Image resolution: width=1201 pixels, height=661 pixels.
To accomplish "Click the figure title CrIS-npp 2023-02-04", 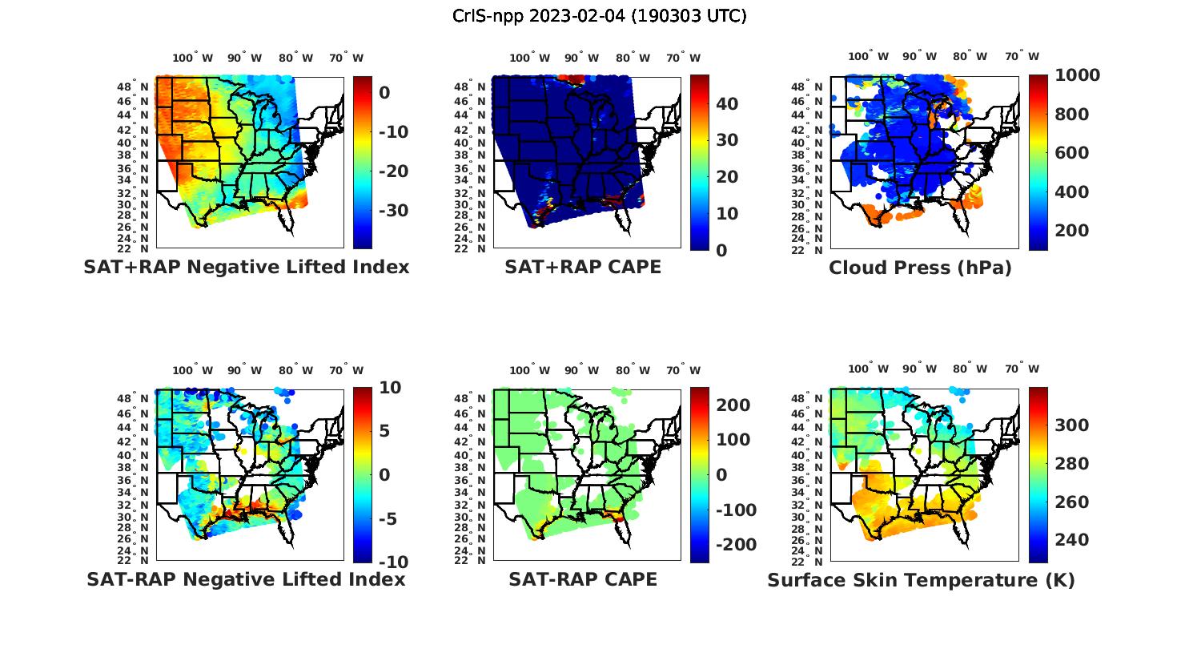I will tap(599, 16).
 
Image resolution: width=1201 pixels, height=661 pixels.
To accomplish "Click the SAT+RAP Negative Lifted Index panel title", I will tap(247, 267).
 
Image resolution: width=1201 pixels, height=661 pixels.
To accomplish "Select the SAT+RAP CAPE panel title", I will tap(583, 267).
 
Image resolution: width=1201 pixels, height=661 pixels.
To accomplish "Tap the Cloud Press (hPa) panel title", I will tap(920, 268).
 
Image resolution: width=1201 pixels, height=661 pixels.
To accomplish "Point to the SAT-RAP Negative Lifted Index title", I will tap(247, 579).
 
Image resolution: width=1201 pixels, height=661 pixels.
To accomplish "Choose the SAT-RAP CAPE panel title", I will tap(583, 579).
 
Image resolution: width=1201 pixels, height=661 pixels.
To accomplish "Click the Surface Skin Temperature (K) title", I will tap(921, 580).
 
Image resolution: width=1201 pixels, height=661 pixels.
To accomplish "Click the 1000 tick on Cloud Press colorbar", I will tap(1077, 75).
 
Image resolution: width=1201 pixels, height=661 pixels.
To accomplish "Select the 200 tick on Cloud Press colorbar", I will tap(1072, 231).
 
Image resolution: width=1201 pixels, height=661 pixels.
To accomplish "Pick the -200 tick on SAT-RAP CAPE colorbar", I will tap(733, 545).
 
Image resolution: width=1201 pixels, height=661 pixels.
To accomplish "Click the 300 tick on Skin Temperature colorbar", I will tap(1072, 425).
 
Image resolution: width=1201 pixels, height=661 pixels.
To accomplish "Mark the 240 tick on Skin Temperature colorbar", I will tap(1072, 540).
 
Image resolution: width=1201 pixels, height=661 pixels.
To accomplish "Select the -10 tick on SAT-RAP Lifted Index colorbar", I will tap(393, 562).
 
